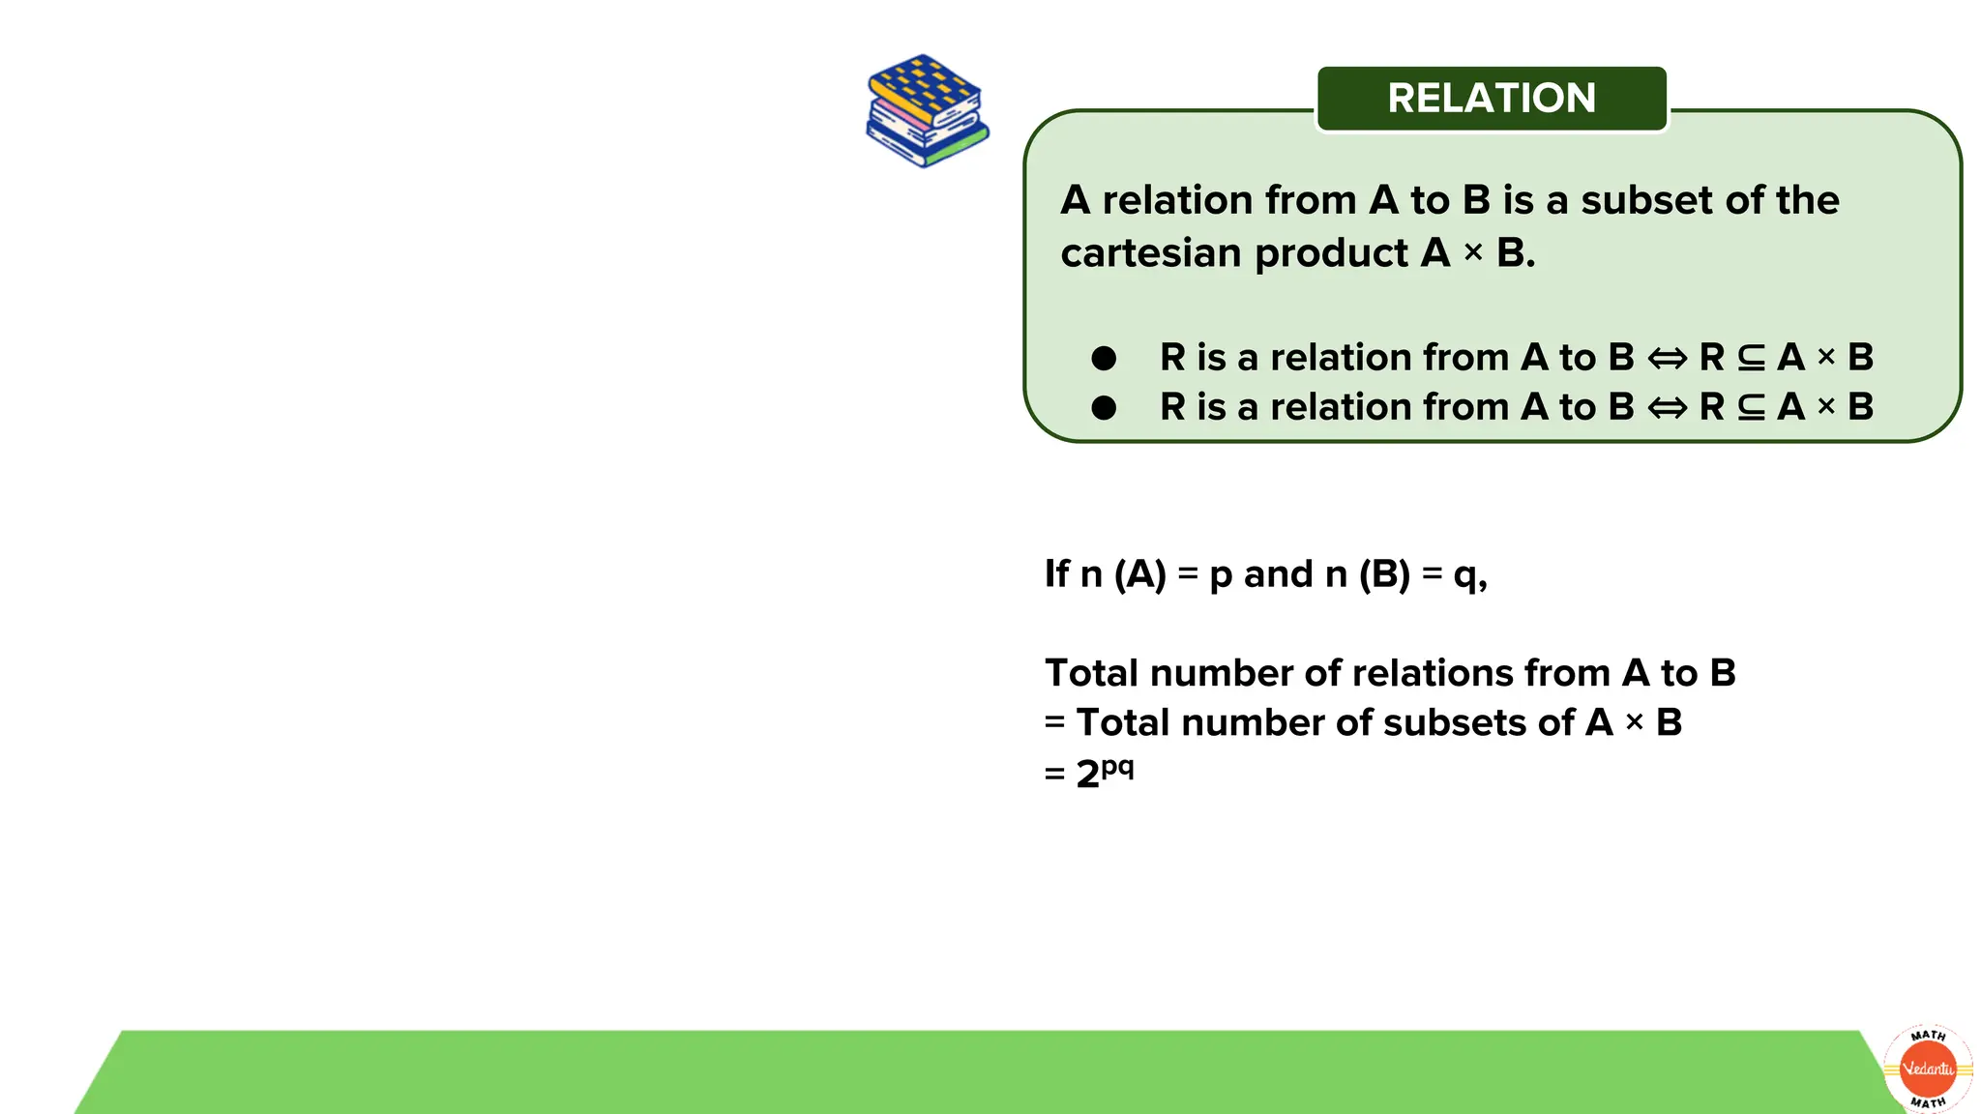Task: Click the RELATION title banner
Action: [x=1492, y=99]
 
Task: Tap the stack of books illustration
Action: [x=927, y=111]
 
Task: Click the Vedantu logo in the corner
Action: [x=1928, y=1069]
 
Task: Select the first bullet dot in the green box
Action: [x=1104, y=359]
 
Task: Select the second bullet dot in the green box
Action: [x=1104, y=408]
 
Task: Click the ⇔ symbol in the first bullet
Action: [x=1667, y=359]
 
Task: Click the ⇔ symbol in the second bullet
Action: [x=1667, y=408]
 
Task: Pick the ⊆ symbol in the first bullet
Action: [x=1751, y=359]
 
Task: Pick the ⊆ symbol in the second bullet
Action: [x=1751, y=408]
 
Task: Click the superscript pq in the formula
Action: [x=1117, y=767]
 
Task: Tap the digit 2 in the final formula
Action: [x=1087, y=775]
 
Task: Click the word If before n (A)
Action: [x=1056, y=574]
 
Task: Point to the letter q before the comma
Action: [x=1465, y=577]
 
